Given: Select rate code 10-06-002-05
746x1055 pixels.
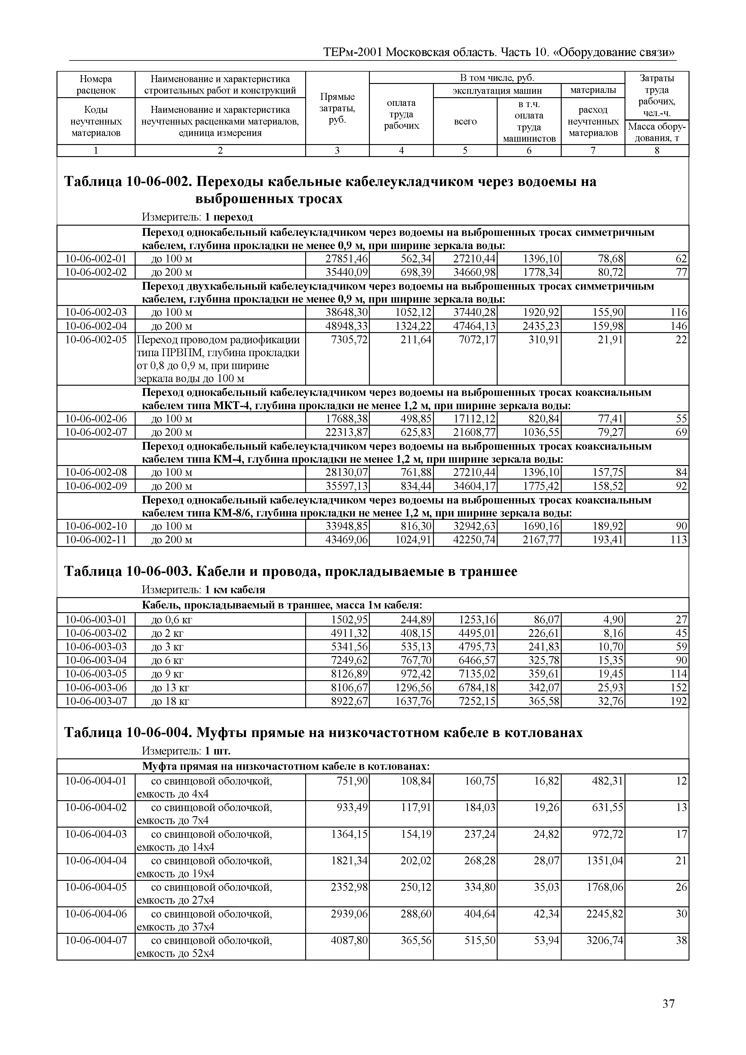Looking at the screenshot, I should pos(96,340).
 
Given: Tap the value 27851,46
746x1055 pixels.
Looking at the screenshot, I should pos(347,259).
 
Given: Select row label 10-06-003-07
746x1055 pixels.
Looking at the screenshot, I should pos(96,701).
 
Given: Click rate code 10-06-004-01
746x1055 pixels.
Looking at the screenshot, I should pos(96,781).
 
